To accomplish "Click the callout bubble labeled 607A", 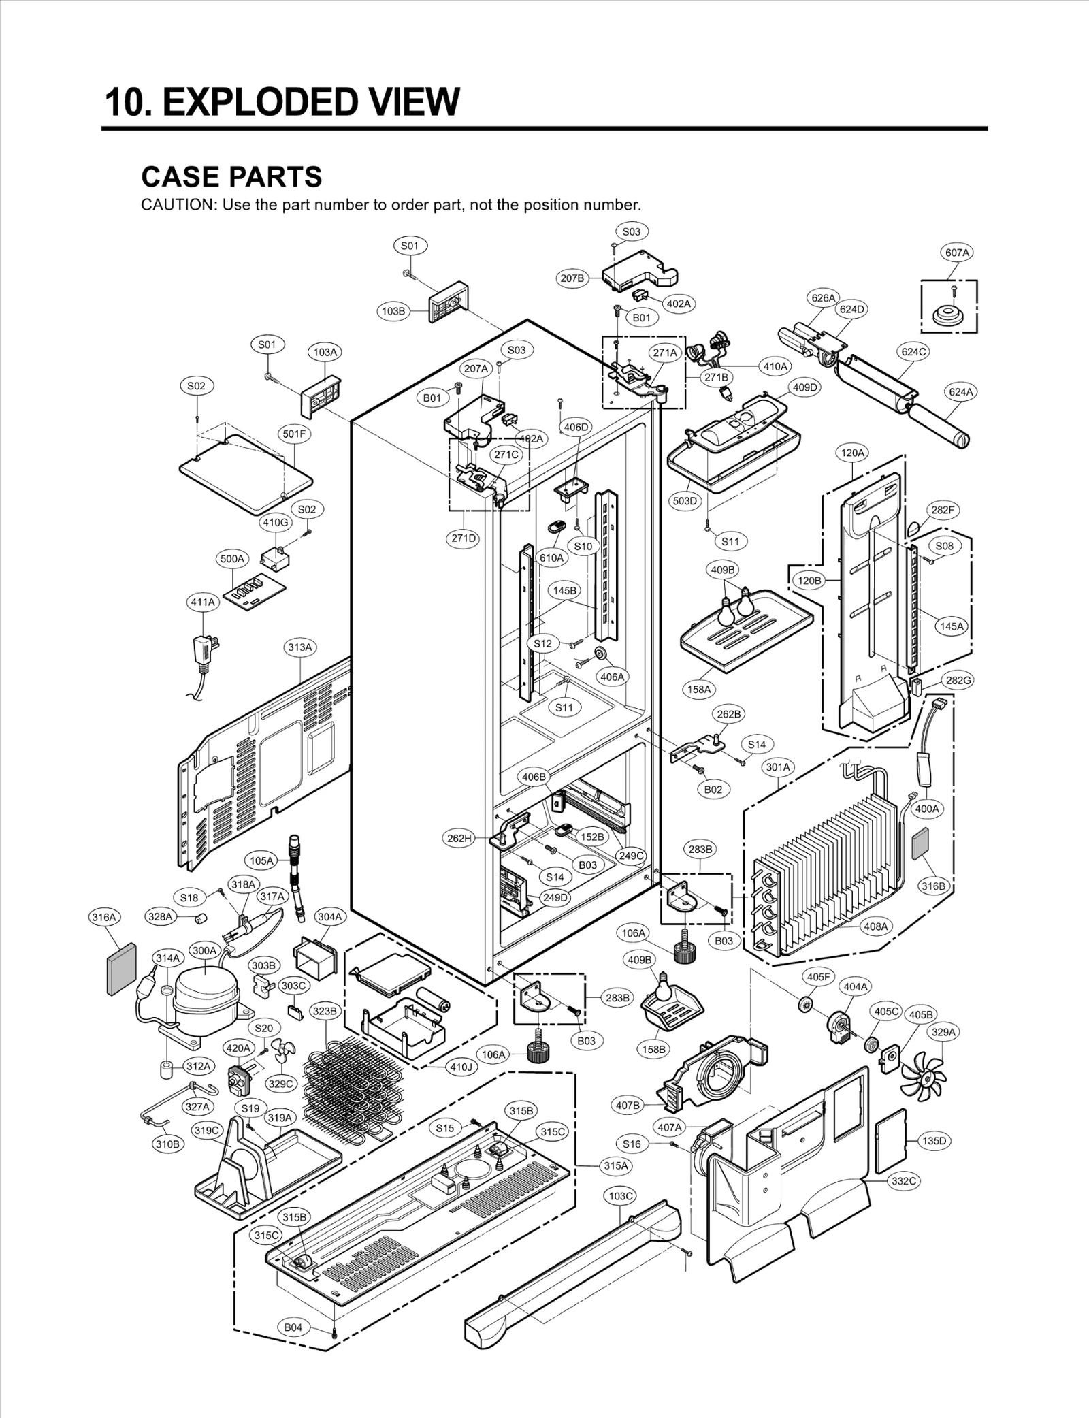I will (x=956, y=253).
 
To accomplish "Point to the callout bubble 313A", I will (x=299, y=647).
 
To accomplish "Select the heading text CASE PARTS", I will (x=231, y=177).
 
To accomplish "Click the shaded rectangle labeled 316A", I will (x=121, y=969).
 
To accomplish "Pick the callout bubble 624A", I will (x=961, y=392).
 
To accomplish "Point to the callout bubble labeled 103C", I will (x=621, y=1195).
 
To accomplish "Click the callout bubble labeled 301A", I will (x=778, y=767).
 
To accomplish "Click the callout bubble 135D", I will (x=934, y=1140).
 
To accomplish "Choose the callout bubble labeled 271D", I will (x=464, y=538).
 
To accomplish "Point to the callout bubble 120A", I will (x=852, y=452).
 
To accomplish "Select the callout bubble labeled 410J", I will (x=461, y=1067).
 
